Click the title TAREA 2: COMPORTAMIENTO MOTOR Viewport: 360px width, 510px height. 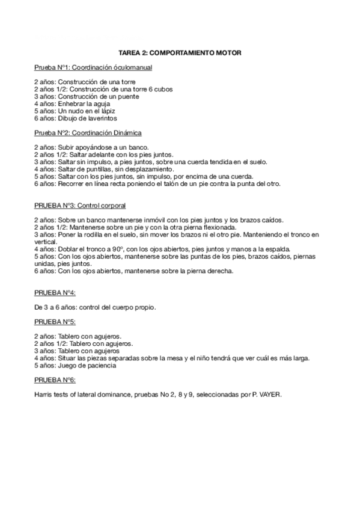(x=180, y=54)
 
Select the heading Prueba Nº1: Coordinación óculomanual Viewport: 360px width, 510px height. (x=93, y=68)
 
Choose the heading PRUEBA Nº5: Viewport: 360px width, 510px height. (x=55, y=321)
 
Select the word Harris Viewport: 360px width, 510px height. (x=44, y=395)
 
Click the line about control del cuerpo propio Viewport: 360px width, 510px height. (x=96, y=307)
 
